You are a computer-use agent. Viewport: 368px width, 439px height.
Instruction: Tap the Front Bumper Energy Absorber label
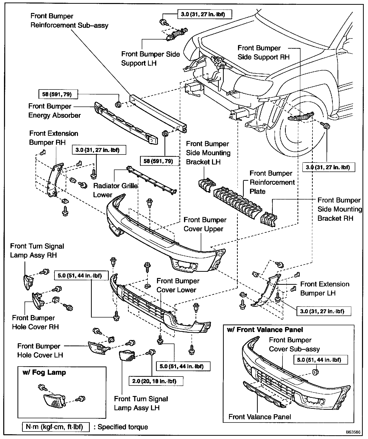(54, 111)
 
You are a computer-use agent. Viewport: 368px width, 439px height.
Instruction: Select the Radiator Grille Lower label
(115, 190)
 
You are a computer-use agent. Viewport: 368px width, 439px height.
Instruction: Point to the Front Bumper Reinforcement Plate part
(237, 202)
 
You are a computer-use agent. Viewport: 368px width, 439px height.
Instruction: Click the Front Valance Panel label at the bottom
(260, 417)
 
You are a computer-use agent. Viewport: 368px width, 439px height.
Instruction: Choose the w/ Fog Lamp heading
(44, 372)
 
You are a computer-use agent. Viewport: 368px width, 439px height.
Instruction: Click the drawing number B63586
(353, 432)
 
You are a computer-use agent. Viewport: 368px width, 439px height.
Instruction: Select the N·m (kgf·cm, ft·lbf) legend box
(56, 426)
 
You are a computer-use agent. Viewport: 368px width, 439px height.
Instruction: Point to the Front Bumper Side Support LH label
(150, 59)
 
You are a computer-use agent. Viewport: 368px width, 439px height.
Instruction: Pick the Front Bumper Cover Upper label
(205, 224)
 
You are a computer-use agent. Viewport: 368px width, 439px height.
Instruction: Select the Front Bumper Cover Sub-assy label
(294, 344)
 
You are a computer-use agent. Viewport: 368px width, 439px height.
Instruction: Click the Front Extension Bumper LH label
(324, 288)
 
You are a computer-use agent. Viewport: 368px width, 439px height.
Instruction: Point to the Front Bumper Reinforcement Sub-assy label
(69, 21)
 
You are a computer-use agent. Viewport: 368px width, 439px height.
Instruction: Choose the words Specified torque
(122, 427)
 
